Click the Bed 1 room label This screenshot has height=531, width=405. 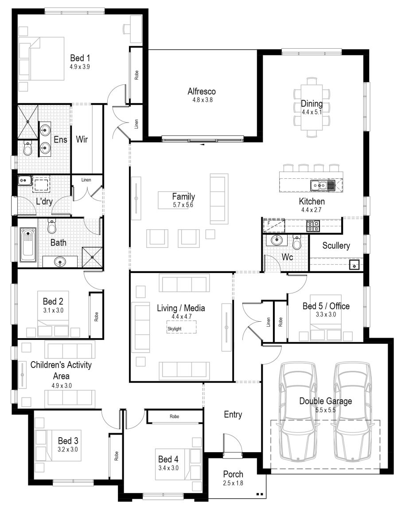(80, 58)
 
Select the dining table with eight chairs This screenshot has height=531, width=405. (312, 108)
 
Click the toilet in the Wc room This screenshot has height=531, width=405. (297, 242)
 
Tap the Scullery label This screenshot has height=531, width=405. (336, 246)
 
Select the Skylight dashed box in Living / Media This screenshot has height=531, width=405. (181, 327)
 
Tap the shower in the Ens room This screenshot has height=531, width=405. (27, 121)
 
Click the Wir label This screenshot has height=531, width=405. (82, 140)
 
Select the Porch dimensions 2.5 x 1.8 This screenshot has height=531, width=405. (233, 483)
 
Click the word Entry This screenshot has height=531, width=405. (233, 415)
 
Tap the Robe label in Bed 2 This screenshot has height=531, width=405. (96, 317)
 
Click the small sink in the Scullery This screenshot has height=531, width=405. (354, 265)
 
